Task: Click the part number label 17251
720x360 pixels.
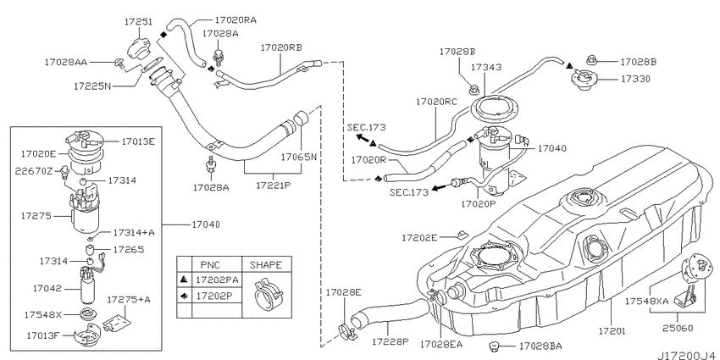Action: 138,21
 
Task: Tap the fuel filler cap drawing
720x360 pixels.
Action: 139,47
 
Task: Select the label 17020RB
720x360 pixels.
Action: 281,47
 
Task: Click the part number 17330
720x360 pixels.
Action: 635,79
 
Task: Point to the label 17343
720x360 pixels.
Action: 486,67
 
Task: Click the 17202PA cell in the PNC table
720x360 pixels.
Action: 217,280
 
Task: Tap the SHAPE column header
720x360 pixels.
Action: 266,265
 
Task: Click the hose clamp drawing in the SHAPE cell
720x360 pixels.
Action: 267,294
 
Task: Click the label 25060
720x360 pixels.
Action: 678,328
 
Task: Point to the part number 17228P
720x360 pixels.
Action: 390,341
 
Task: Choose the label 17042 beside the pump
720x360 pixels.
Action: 47,289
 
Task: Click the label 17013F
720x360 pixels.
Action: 43,335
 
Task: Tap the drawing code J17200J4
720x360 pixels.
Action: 688,356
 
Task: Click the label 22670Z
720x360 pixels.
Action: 33,171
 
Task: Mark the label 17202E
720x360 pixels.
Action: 419,238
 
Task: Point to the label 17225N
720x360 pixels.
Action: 92,86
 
